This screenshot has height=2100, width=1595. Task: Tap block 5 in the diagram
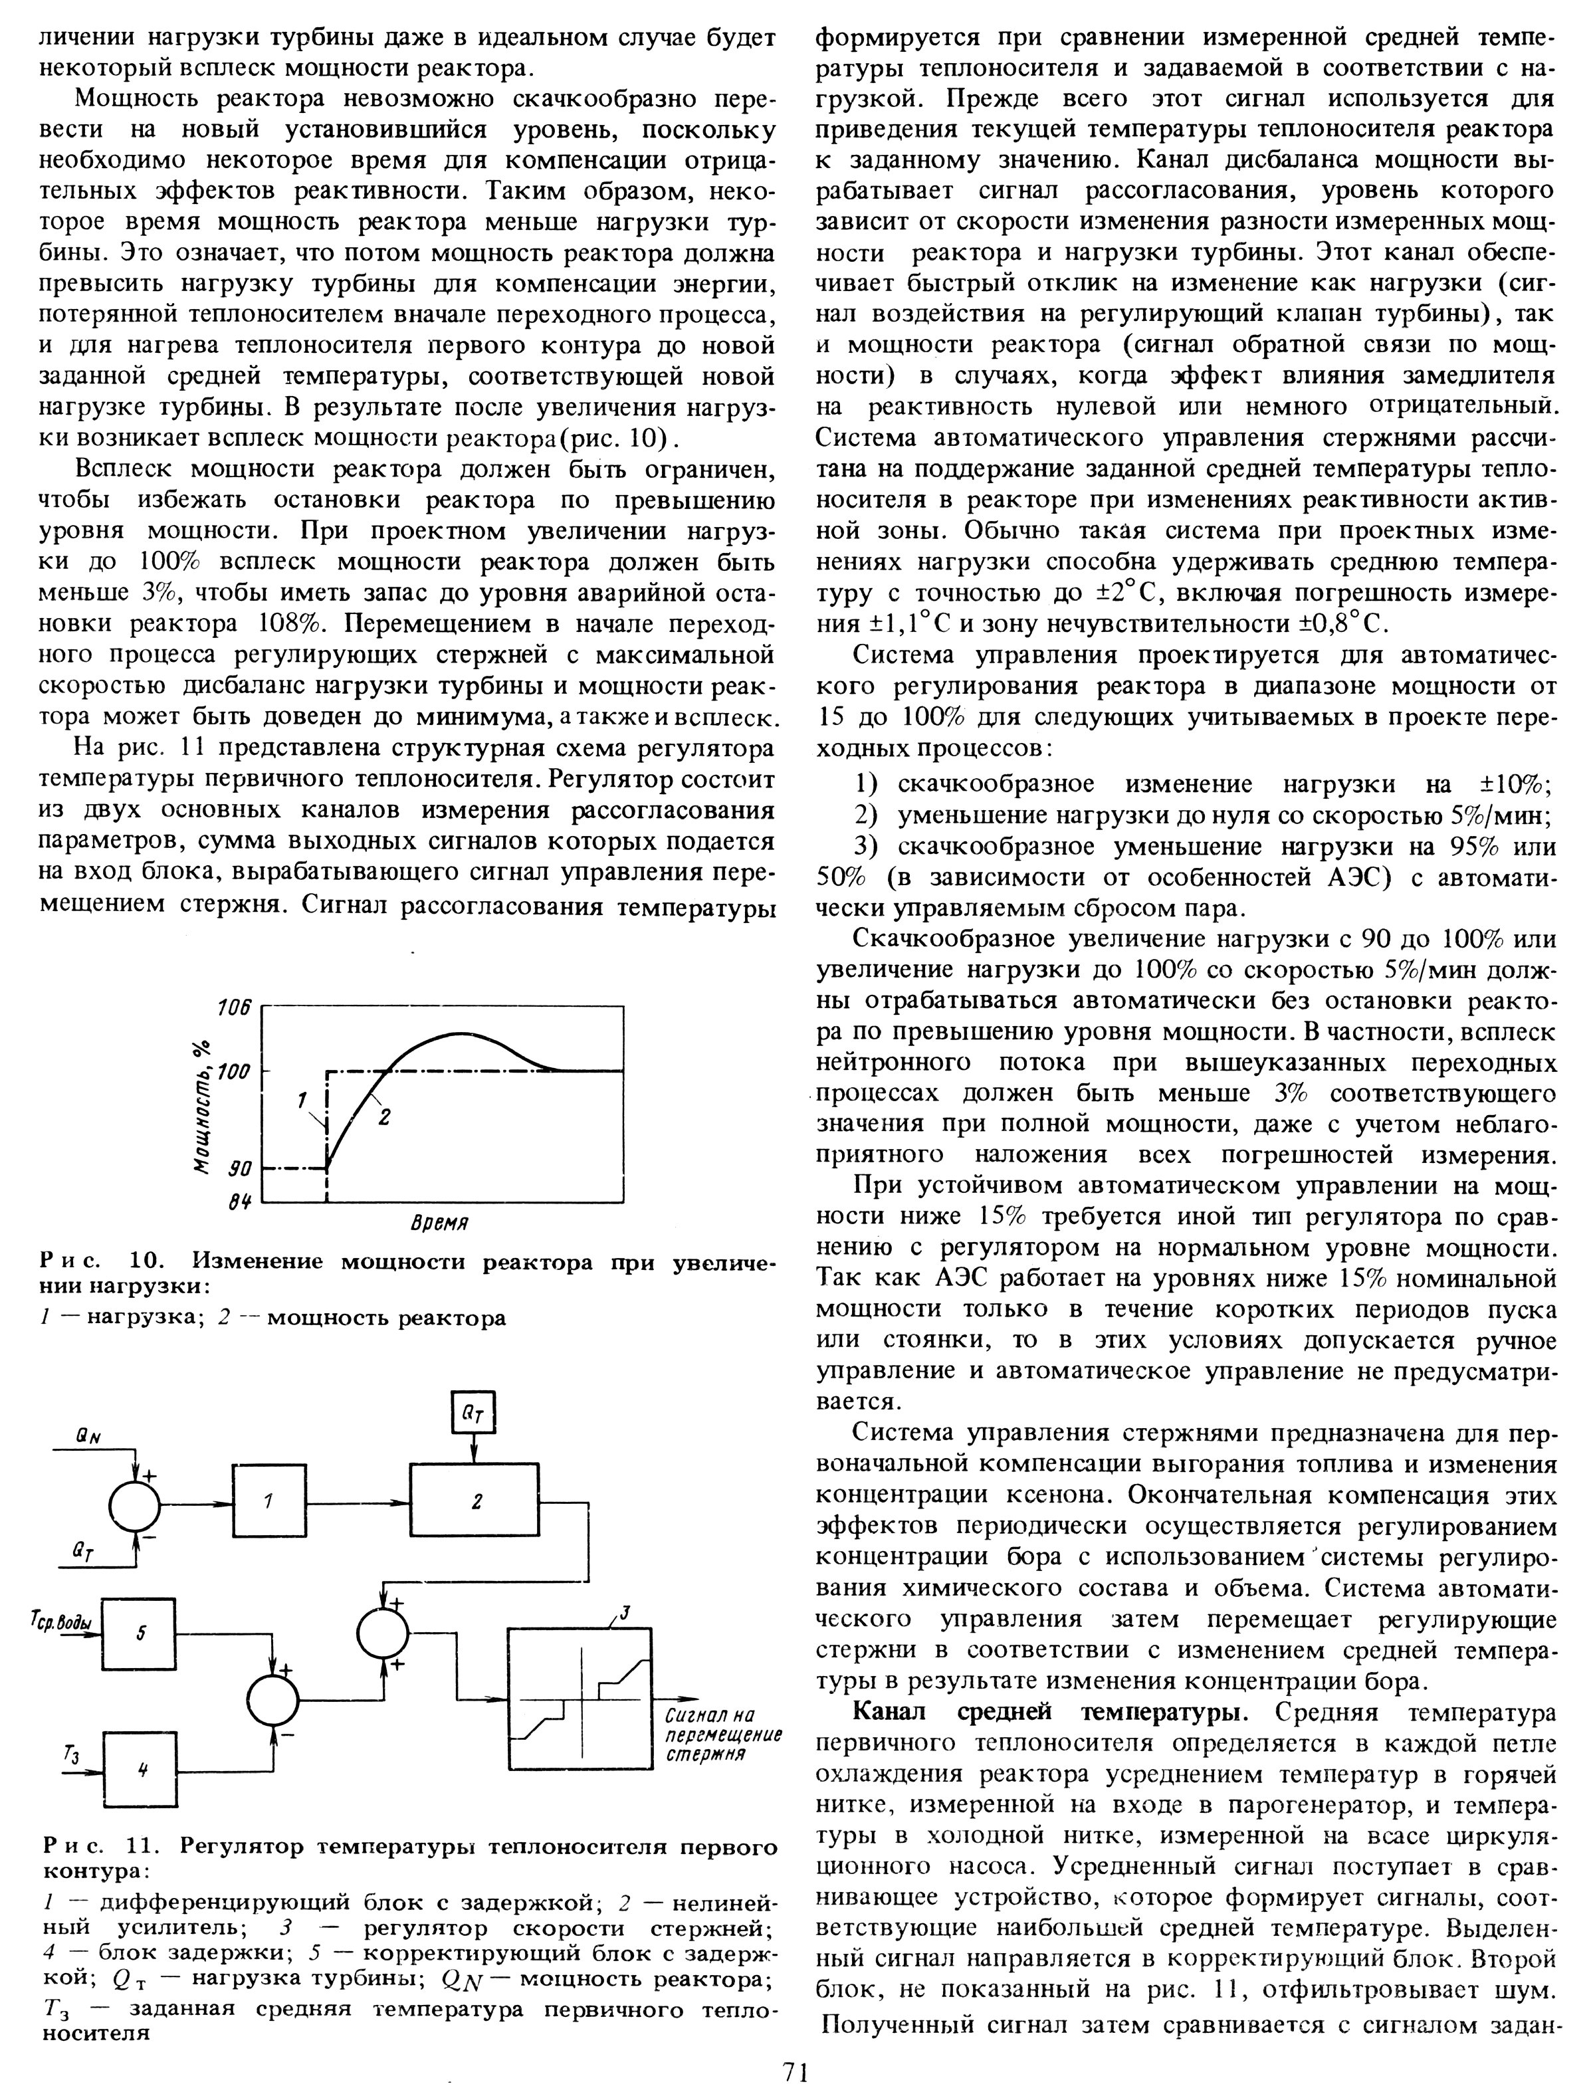[x=140, y=1634]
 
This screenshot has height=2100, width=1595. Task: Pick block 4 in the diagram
[x=140, y=1770]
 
